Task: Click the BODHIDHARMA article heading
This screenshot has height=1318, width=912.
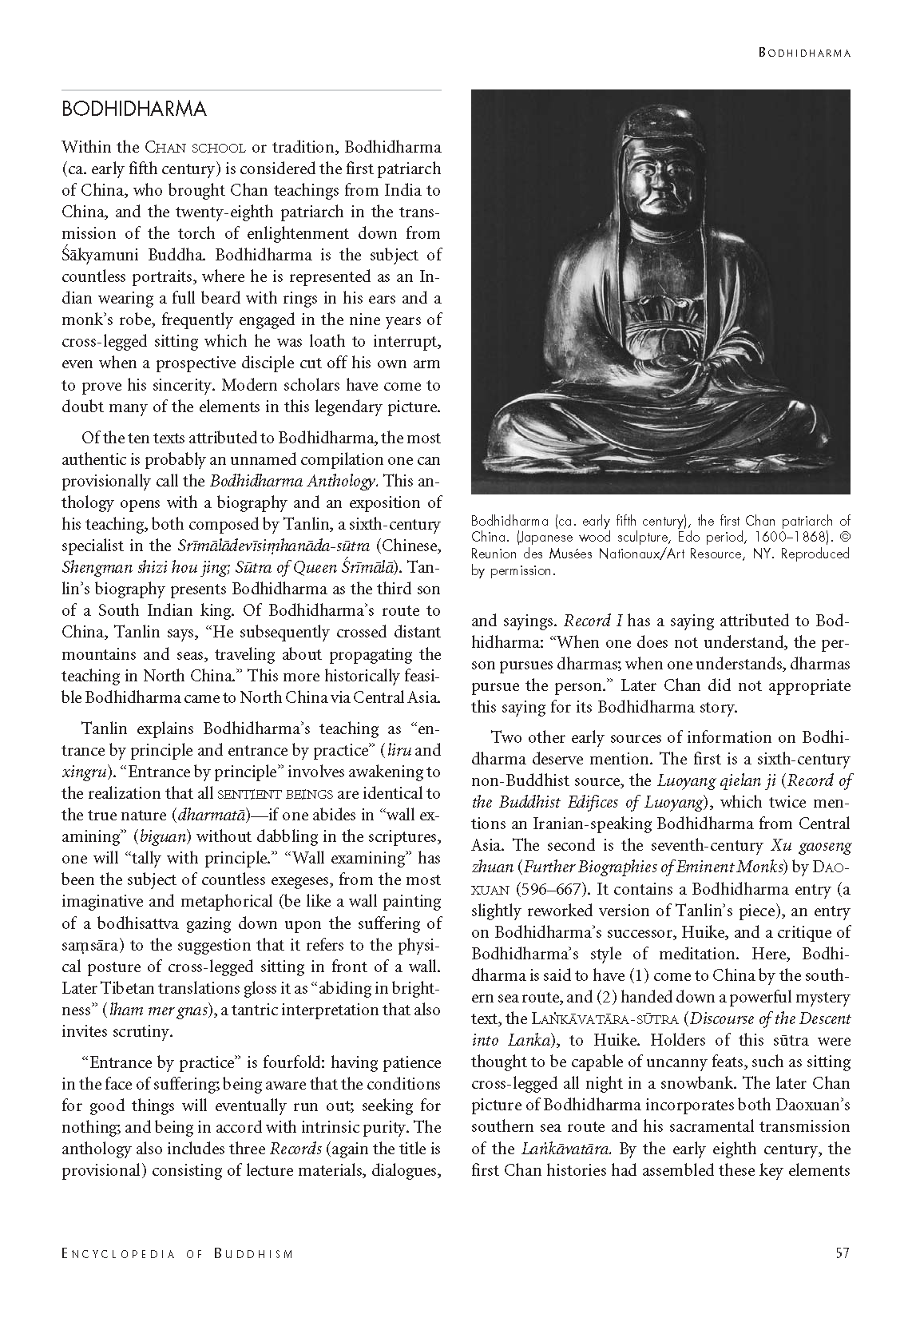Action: point(134,109)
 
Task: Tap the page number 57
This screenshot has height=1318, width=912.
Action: point(842,1253)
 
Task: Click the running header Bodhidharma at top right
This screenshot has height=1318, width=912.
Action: point(803,54)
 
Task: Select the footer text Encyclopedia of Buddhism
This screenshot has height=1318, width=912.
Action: point(177,1254)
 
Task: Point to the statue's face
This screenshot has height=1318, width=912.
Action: point(660,181)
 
